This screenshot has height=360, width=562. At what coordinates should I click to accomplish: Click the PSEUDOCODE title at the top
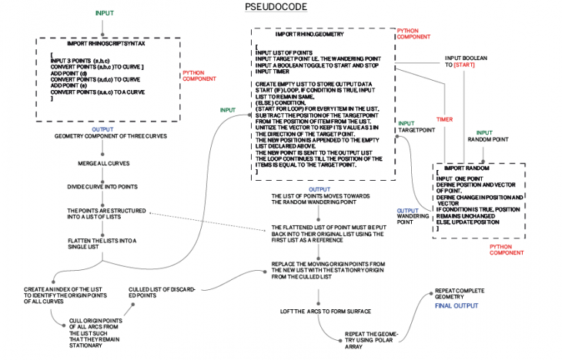(x=281, y=7)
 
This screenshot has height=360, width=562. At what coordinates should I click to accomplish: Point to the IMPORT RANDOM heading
(x=460, y=168)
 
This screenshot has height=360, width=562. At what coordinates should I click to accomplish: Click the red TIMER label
(x=444, y=119)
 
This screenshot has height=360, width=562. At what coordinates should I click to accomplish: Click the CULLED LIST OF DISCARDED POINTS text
(x=161, y=292)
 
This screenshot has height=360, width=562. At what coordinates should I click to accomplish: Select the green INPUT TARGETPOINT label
(x=415, y=127)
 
